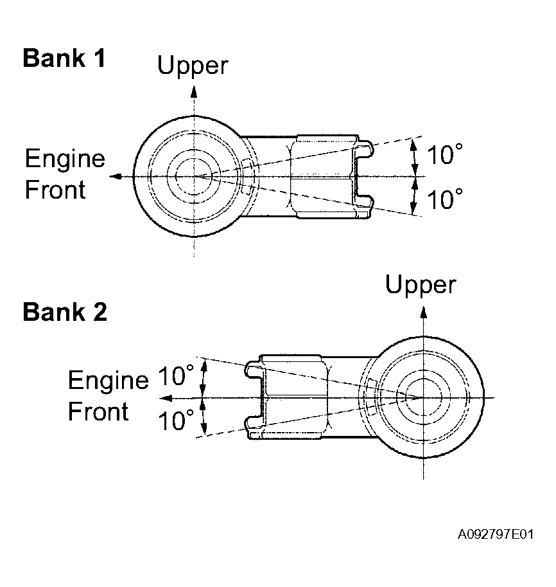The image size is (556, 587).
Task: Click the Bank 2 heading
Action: click(64, 312)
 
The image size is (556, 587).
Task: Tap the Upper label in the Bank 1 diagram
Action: click(193, 65)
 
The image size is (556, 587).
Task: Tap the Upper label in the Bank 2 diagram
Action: click(421, 285)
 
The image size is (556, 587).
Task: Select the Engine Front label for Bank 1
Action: click(64, 174)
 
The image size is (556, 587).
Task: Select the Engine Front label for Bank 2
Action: click(107, 396)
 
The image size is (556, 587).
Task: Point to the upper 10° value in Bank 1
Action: click(445, 156)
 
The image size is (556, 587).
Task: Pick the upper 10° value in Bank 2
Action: click(175, 376)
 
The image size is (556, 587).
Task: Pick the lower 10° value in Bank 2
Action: click(175, 421)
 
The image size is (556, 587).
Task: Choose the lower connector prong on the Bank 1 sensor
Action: click(365, 201)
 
